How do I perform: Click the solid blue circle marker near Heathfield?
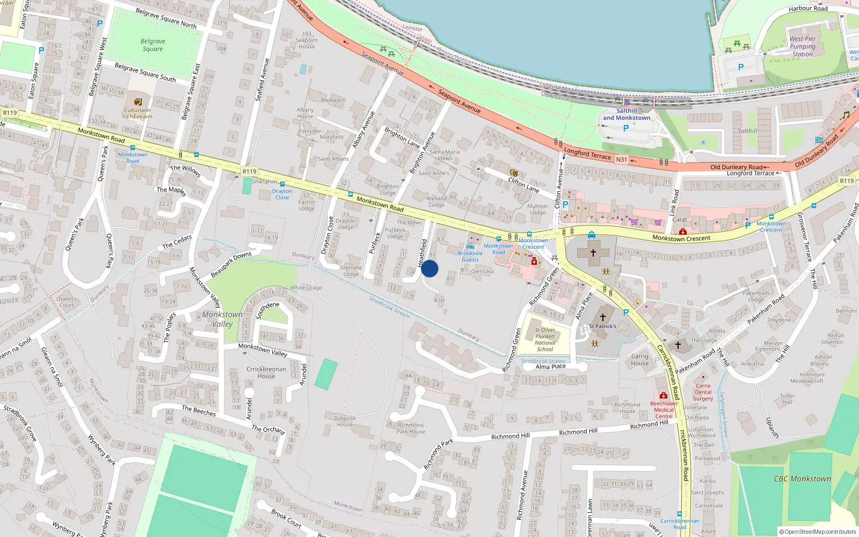point(429,268)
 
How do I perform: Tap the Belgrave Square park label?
point(153,45)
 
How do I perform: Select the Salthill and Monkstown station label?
point(627,114)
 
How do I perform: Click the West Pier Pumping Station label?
point(803,46)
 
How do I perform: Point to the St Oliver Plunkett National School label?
point(545,340)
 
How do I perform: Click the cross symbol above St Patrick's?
point(603,317)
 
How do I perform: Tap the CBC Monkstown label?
point(802,479)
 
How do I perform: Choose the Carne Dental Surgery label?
point(703,392)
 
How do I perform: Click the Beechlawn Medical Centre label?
point(664,410)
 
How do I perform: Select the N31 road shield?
point(621,159)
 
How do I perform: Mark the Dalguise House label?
point(345,421)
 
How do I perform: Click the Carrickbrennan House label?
point(266,373)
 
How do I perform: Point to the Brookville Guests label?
point(470,256)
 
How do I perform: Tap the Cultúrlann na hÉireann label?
point(137,113)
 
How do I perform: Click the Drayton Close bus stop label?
point(282,194)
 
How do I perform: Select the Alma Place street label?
point(550,367)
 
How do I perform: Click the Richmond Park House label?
point(411,428)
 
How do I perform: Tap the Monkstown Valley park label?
point(222,319)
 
